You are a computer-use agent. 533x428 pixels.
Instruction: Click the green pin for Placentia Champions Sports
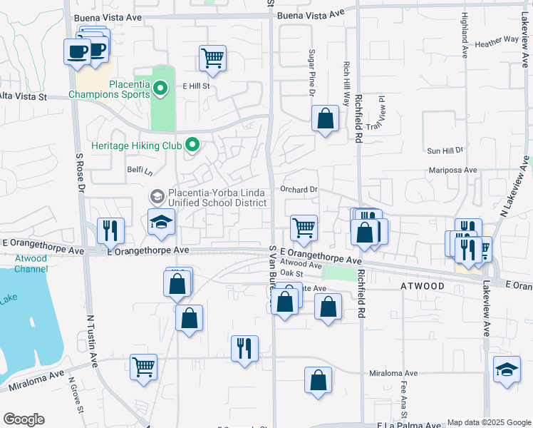[x=160, y=88]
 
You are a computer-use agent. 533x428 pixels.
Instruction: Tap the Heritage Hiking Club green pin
[x=192, y=145]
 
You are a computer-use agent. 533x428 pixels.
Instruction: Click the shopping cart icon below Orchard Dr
[x=304, y=228]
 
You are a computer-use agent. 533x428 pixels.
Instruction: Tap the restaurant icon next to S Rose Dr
[x=110, y=230]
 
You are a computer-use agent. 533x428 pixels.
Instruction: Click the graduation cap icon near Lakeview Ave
[x=507, y=370]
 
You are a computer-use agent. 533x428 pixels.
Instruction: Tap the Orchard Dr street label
[x=298, y=190]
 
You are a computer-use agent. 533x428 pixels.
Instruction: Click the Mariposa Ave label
[x=453, y=170]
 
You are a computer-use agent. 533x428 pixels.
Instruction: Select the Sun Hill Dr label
[x=445, y=151]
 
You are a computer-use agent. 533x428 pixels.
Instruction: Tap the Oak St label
[x=291, y=273]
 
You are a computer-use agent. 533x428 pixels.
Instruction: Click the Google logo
[x=24, y=419]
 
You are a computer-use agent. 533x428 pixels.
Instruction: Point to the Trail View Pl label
[x=376, y=113]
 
